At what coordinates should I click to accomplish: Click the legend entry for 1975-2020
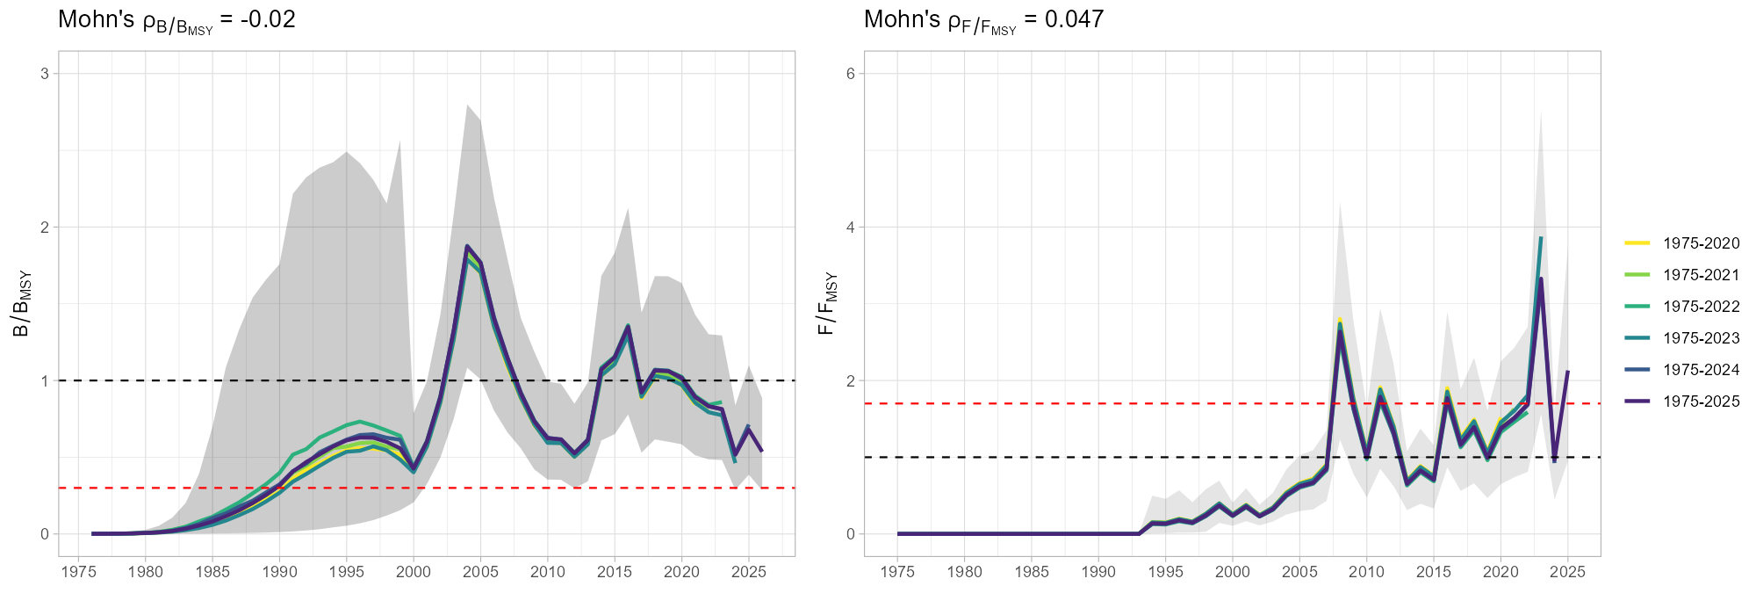pyautogui.click(x=1701, y=243)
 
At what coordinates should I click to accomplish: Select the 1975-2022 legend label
pyautogui.click(x=1701, y=307)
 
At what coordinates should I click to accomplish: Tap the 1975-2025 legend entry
pyautogui.click(x=1701, y=402)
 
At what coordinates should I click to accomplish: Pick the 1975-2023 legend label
pyautogui.click(x=1701, y=338)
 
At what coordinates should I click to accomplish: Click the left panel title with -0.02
pyautogui.click(x=176, y=20)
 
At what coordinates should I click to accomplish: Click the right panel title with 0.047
pyautogui.click(x=983, y=20)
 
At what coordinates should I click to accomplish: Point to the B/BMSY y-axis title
pyautogui.click(x=22, y=303)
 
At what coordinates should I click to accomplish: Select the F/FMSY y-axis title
pyautogui.click(x=828, y=303)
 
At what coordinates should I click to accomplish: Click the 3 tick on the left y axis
pyautogui.click(x=43, y=74)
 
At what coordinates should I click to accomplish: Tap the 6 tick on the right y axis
pyautogui.click(x=850, y=74)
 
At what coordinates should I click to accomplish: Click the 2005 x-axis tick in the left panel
pyautogui.click(x=480, y=572)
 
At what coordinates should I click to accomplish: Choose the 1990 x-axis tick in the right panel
pyautogui.click(x=1098, y=572)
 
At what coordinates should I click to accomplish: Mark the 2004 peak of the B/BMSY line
pyautogui.click(x=467, y=246)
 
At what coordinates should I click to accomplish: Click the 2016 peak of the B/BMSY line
pyautogui.click(x=628, y=326)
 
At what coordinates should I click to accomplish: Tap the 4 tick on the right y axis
pyautogui.click(x=850, y=227)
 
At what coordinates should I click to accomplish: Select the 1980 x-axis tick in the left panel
pyautogui.click(x=145, y=572)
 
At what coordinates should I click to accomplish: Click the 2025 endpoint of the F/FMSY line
pyautogui.click(x=1567, y=373)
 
